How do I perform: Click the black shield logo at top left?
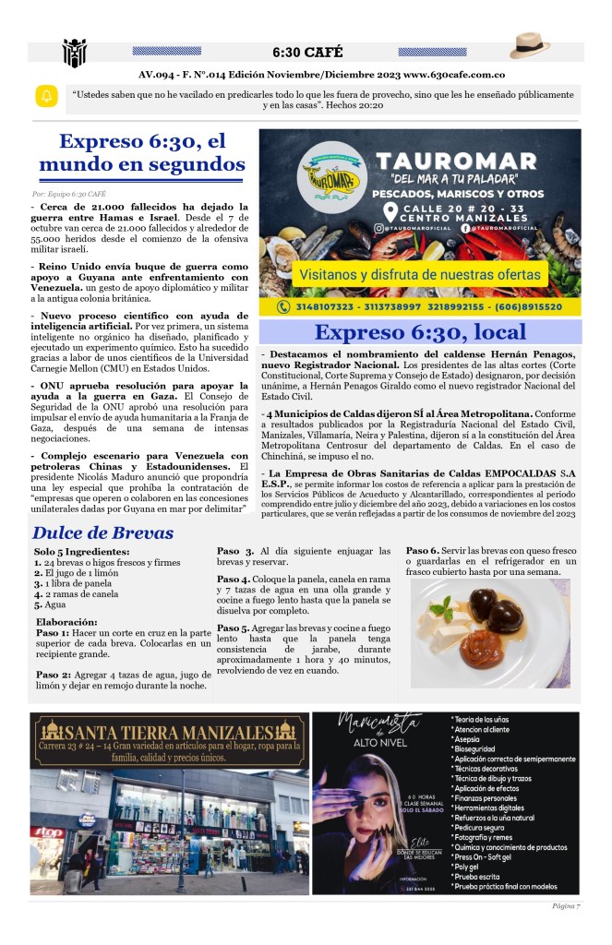point(74,52)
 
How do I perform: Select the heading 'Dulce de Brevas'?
point(102,532)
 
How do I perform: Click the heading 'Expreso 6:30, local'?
point(420,332)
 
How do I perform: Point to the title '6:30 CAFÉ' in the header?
point(305,52)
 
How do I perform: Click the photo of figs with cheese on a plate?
point(490,633)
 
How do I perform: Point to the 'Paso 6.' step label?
point(422,551)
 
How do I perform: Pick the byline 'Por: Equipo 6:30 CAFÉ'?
point(69,194)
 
